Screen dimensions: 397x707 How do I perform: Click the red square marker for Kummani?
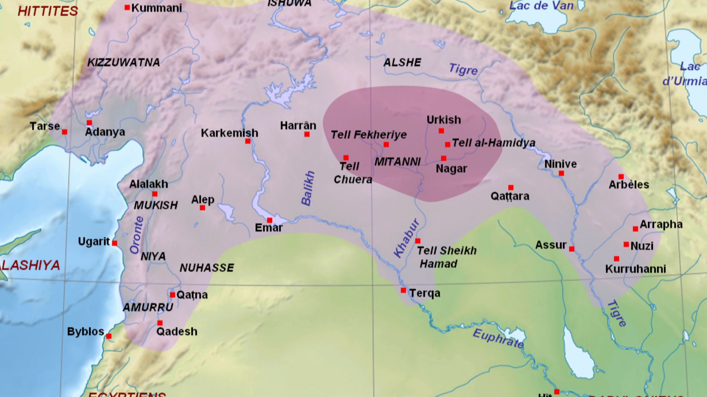tap(127, 7)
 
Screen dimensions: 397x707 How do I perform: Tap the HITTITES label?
tap(48, 11)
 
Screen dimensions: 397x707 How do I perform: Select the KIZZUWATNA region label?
tap(123, 62)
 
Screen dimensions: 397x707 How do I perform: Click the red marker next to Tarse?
tap(64, 132)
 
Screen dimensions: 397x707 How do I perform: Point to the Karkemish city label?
tap(229, 133)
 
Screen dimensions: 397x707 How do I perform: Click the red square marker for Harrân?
tap(307, 135)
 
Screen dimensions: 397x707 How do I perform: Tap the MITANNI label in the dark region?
tap(397, 162)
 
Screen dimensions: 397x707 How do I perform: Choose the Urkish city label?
tap(443, 120)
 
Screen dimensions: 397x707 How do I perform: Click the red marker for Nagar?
tap(443, 158)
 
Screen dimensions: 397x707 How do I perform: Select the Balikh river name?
tap(308, 188)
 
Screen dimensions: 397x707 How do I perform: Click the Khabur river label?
tap(407, 238)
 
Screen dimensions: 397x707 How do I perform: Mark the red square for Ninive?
tap(561, 174)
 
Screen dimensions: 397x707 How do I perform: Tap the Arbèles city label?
tap(629, 185)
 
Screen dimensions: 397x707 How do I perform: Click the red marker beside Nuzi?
tap(626, 244)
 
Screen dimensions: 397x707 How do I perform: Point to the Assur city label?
tap(551, 245)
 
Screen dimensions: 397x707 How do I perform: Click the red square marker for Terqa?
tap(403, 290)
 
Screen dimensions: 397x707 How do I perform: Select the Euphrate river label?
tap(498, 339)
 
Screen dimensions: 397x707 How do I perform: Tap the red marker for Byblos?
tap(109, 336)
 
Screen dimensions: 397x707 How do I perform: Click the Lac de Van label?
tap(541, 6)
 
